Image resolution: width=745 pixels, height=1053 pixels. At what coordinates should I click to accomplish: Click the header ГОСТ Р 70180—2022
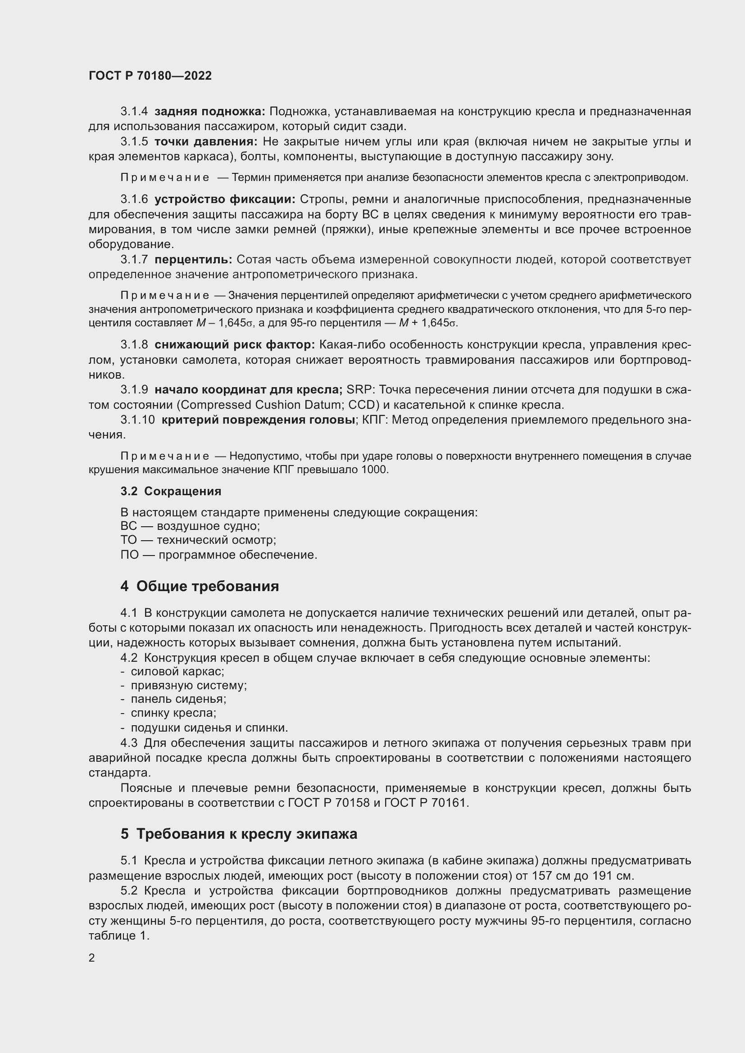tap(150, 76)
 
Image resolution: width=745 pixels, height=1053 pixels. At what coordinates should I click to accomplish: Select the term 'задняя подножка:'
tap(209, 112)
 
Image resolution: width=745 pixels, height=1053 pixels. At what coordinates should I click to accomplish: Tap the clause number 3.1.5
tap(134, 142)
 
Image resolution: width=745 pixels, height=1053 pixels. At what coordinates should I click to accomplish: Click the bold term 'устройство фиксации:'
tap(225, 199)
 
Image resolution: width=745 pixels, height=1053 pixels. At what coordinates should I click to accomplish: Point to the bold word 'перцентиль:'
tap(193, 260)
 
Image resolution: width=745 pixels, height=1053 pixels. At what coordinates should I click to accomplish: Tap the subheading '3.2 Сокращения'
tap(171, 491)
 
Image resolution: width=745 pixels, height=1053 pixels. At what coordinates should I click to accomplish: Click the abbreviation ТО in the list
tap(128, 540)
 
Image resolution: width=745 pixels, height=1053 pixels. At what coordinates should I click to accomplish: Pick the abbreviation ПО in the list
tap(129, 555)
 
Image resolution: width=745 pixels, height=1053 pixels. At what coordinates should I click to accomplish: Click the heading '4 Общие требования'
tap(200, 586)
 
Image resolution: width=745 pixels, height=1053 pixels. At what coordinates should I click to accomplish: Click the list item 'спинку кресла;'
tap(173, 713)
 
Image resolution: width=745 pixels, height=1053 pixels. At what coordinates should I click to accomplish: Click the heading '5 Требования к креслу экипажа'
tap(239, 834)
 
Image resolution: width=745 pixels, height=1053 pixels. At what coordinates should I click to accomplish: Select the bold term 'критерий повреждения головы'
tap(258, 420)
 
